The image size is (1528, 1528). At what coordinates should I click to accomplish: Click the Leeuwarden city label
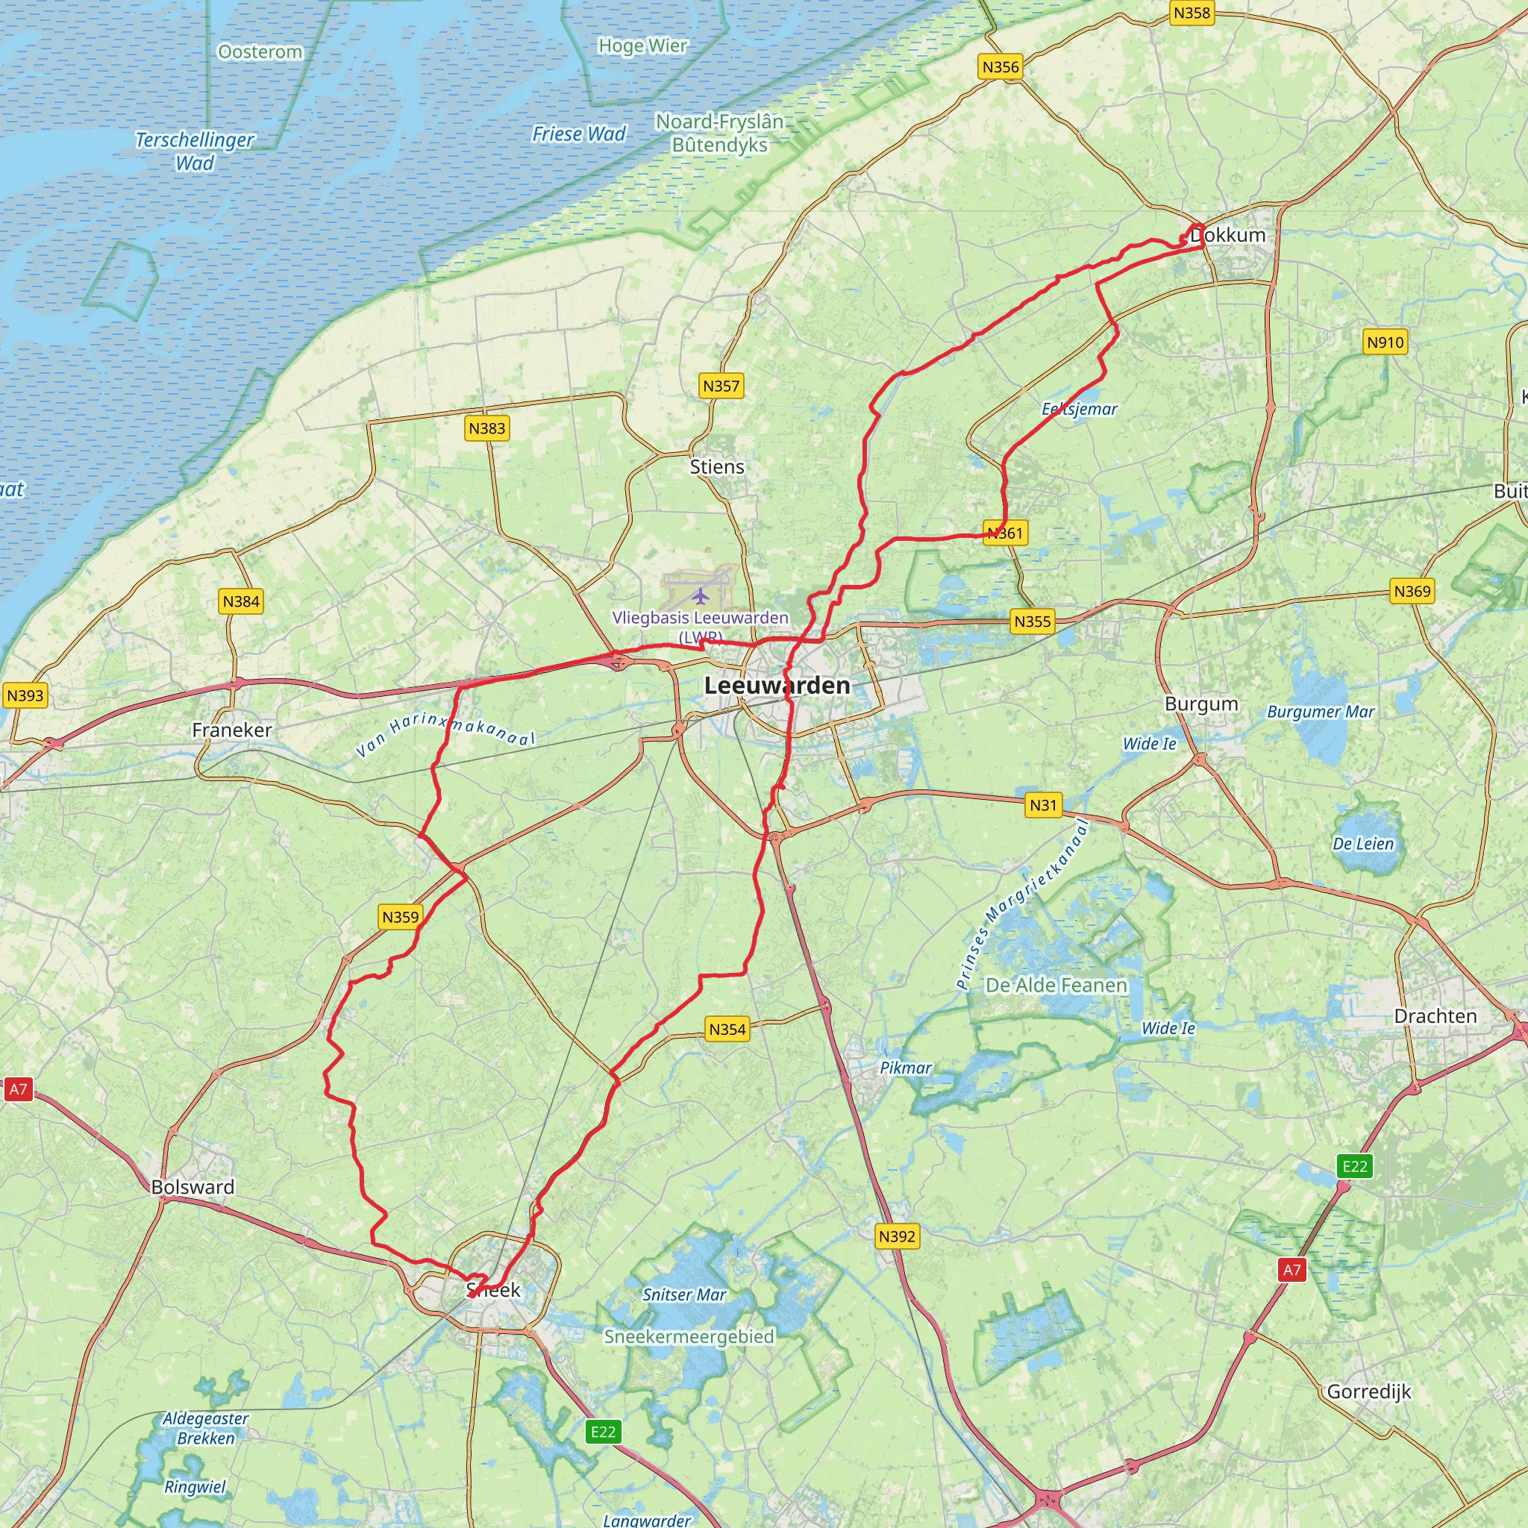tap(777, 685)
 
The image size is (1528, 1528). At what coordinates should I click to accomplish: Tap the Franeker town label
tap(232, 730)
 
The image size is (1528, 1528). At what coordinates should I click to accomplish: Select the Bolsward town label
tap(193, 1187)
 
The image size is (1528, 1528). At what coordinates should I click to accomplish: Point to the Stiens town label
tap(716, 466)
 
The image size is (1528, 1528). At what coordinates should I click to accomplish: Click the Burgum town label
tap(1200, 704)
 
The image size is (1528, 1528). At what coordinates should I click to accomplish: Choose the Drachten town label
tap(1435, 1016)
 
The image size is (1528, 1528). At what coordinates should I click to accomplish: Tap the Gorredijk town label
tap(1368, 1391)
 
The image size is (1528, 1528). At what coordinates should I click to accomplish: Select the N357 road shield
tap(721, 386)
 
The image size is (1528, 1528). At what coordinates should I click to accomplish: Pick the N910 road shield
tap(1385, 342)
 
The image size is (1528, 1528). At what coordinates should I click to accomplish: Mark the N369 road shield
tap(1412, 591)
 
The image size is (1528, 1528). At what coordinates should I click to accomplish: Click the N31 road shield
tap(1042, 805)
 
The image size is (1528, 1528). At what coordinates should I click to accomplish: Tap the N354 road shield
tap(727, 1029)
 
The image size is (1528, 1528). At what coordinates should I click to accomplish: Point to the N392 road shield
tap(897, 1236)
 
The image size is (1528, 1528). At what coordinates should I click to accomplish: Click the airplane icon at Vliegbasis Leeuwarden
tap(700, 595)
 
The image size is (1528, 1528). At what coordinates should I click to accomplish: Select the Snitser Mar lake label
tap(684, 1294)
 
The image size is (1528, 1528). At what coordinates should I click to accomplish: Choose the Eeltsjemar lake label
tap(1079, 409)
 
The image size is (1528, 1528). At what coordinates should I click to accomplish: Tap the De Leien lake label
tap(1362, 844)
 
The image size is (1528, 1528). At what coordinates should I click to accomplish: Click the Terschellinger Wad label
tap(195, 151)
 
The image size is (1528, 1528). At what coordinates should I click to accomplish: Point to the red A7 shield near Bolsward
tap(17, 1089)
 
